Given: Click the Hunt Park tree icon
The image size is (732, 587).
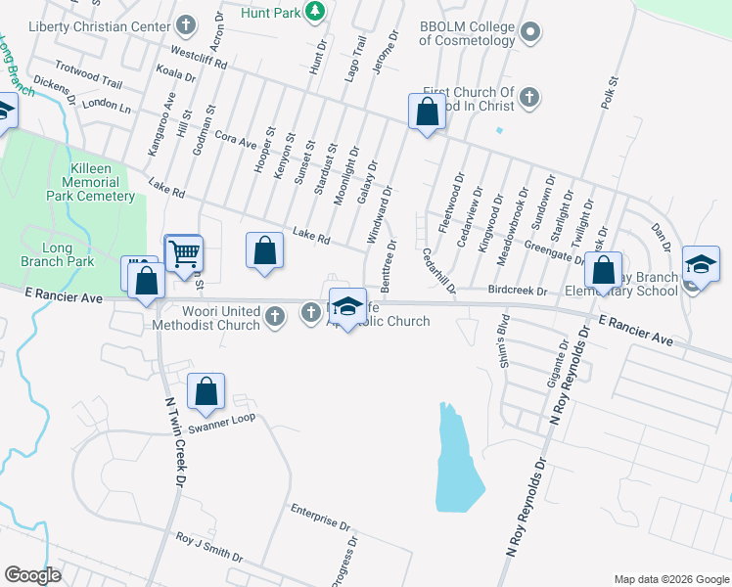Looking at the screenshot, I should click(x=314, y=12).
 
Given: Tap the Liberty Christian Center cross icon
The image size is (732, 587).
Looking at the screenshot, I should click(x=187, y=23).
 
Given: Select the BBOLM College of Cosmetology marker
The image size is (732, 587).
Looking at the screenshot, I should click(x=530, y=32).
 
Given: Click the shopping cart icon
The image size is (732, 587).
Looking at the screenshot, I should click(x=183, y=254).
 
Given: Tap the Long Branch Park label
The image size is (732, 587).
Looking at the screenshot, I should click(x=57, y=254).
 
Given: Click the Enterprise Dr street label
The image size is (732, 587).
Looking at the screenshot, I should click(x=321, y=516).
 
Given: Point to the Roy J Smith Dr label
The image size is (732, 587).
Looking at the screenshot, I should click(x=208, y=547).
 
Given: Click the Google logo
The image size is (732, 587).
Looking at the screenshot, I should click(x=32, y=575).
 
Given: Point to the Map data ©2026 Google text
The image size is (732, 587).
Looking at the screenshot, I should click(x=670, y=579).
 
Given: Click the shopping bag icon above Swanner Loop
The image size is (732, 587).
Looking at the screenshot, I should click(x=206, y=392).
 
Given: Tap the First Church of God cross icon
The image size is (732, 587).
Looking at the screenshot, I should click(x=527, y=97).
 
